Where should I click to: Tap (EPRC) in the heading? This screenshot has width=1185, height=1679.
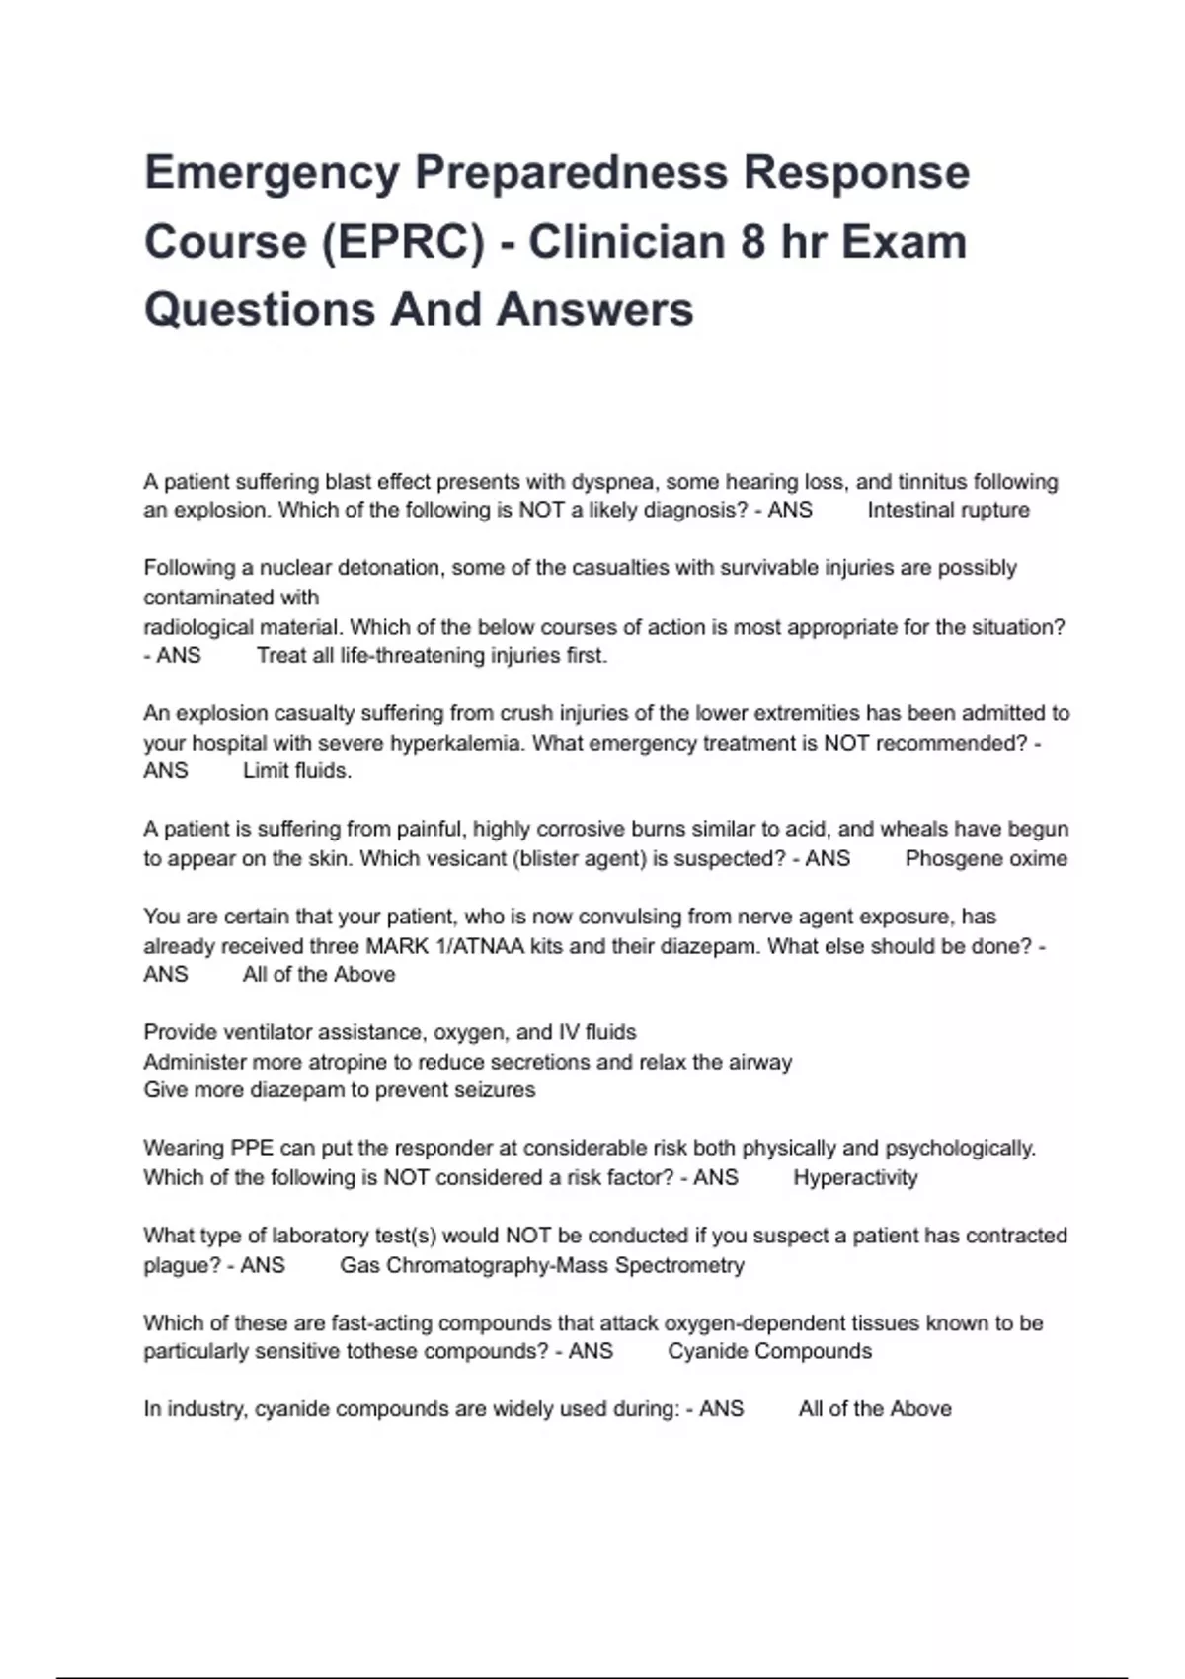[x=403, y=242]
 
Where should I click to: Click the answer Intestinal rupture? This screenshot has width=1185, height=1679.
[x=948, y=511]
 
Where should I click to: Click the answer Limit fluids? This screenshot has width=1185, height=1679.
[x=297, y=771]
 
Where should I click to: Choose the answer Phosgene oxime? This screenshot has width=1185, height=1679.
[x=986, y=858]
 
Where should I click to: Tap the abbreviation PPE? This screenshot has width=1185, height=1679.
[x=252, y=1148]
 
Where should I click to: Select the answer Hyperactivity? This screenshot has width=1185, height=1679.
[x=855, y=1177]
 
